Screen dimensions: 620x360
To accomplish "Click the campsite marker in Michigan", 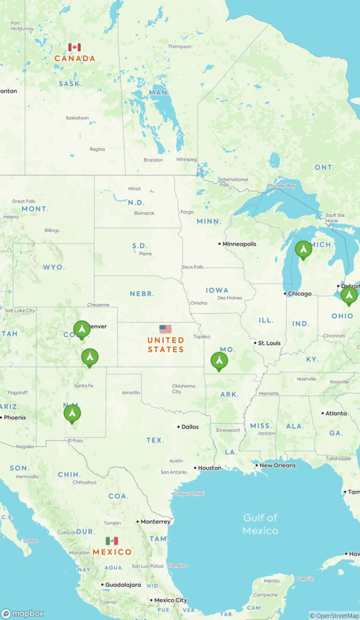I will [303, 249].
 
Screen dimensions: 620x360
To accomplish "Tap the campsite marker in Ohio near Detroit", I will [349, 295].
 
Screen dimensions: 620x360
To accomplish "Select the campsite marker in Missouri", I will [219, 361].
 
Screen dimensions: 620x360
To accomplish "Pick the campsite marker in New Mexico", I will [72, 414].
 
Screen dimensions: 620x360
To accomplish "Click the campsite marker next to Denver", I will [82, 329].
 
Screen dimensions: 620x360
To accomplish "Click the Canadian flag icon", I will [74, 47].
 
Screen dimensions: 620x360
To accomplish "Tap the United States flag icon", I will [165, 329].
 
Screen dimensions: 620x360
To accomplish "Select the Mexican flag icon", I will [112, 541].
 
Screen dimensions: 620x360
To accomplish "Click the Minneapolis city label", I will [239, 244].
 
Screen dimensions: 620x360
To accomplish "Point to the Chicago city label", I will [300, 294].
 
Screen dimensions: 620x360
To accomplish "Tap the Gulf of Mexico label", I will [260, 524].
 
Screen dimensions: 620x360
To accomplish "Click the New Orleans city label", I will [278, 466].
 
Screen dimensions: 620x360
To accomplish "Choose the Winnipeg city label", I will [186, 159].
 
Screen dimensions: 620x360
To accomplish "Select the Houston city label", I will [209, 468].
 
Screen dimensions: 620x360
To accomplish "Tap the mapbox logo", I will [23, 613].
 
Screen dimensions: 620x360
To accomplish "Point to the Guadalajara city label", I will [122, 585].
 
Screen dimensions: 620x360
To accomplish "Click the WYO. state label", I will [53, 267].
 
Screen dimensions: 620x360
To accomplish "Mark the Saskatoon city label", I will [77, 117].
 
